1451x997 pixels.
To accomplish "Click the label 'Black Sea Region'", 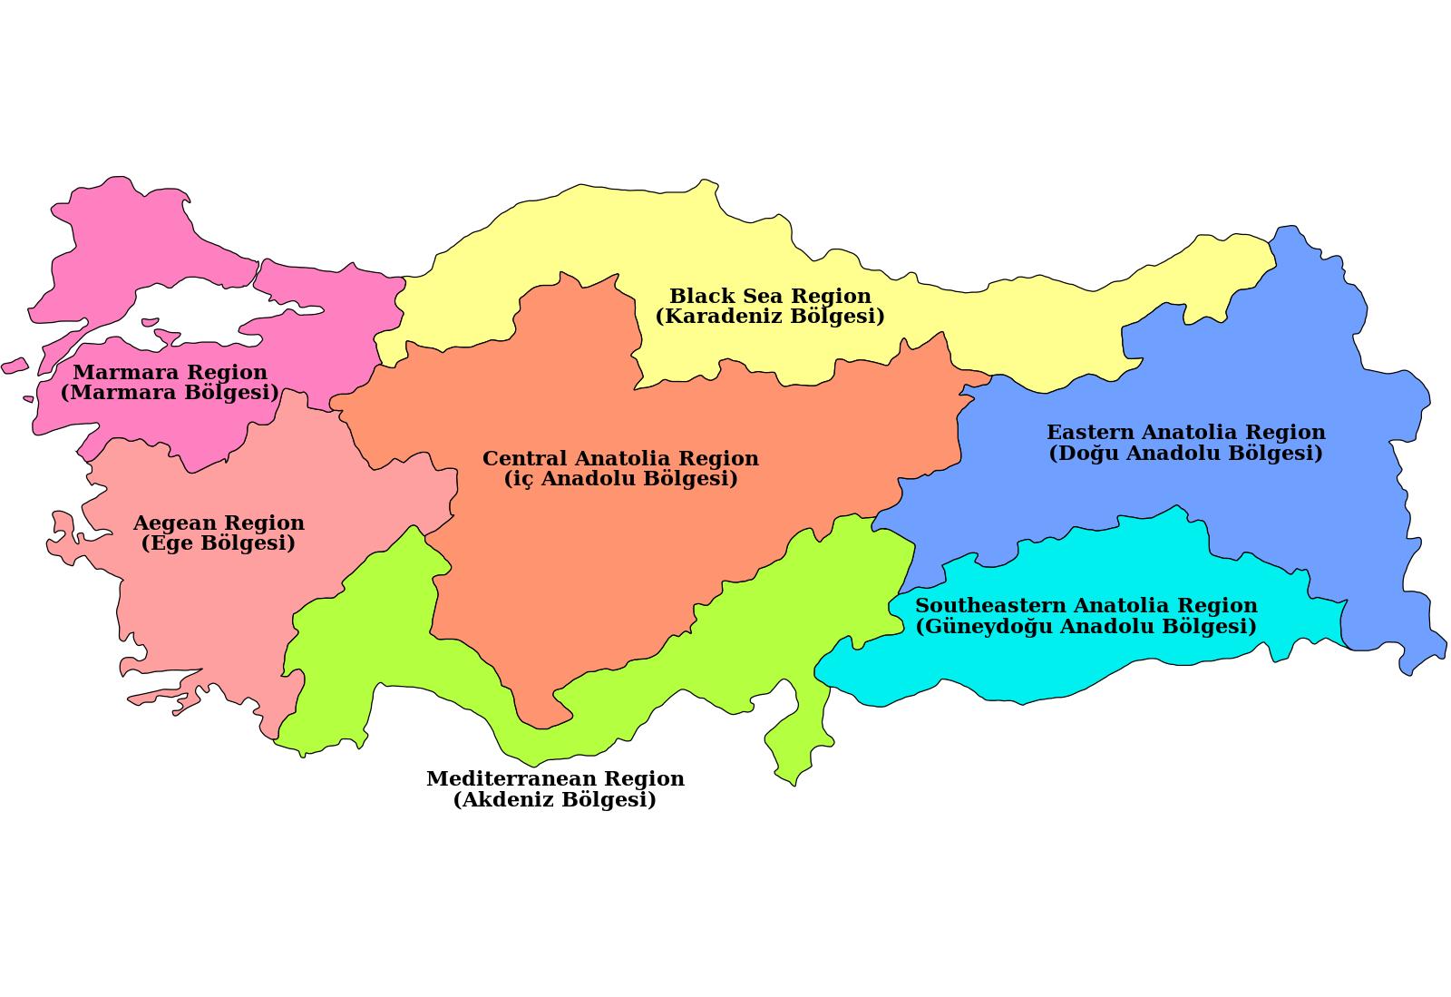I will click(x=770, y=296).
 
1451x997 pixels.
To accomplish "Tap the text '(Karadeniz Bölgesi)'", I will click(x=770, y=317).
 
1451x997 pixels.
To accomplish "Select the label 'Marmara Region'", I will click(x=170, y=372).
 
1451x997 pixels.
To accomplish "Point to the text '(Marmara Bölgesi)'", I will click(x=170, y=393).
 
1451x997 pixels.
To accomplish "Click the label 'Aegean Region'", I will click(x=219, y=523).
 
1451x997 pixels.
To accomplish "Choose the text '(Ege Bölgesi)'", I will click(x=219, y=543).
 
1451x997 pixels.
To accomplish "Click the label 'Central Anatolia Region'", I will click(x=620, y=458).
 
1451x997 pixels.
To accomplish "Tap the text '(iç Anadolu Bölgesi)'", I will click(x=620, y=479).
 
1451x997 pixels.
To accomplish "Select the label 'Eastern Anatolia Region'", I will click(x=1185, y=432).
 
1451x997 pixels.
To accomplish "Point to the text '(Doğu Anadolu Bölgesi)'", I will click(x=1185, y=453).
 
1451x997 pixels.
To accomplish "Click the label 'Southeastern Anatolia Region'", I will click(x=1086, y=605).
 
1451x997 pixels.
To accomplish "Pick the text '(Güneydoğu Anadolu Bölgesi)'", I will click(x=1086, y=626).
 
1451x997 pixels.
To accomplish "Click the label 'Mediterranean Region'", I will click(x=555, y=778).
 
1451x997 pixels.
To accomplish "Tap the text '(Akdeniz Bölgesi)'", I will click(x=555, y=799).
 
